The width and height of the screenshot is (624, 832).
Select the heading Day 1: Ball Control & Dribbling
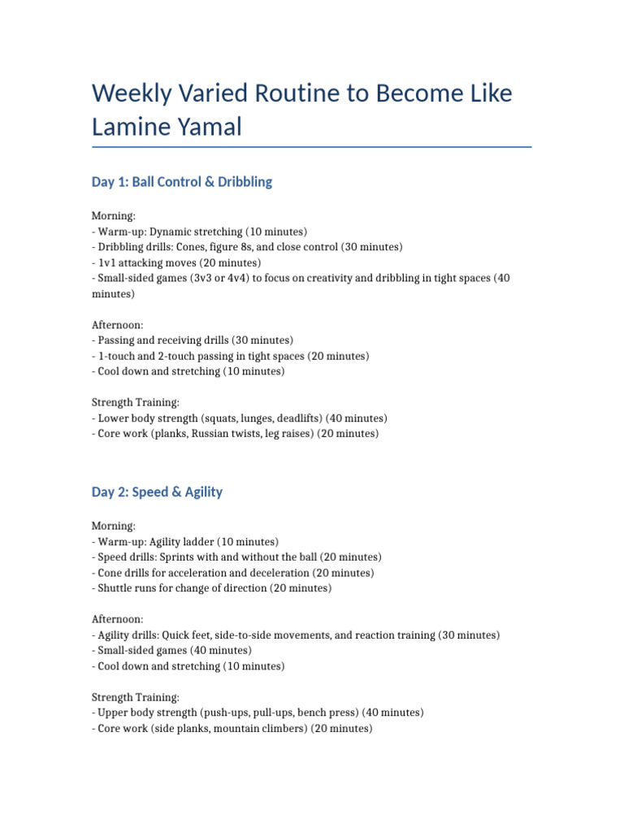coord(182,182)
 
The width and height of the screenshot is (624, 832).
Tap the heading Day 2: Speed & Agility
coord(157,492)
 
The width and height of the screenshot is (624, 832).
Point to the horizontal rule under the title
coord(312,147)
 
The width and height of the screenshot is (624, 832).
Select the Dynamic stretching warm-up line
coord(200,232)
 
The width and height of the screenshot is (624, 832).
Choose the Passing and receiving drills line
coord(193,340)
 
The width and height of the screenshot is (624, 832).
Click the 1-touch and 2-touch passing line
coord(230,356)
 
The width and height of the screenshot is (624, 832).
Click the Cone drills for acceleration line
coord(233,573)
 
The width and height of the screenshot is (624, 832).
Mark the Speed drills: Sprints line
coord(236,557)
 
